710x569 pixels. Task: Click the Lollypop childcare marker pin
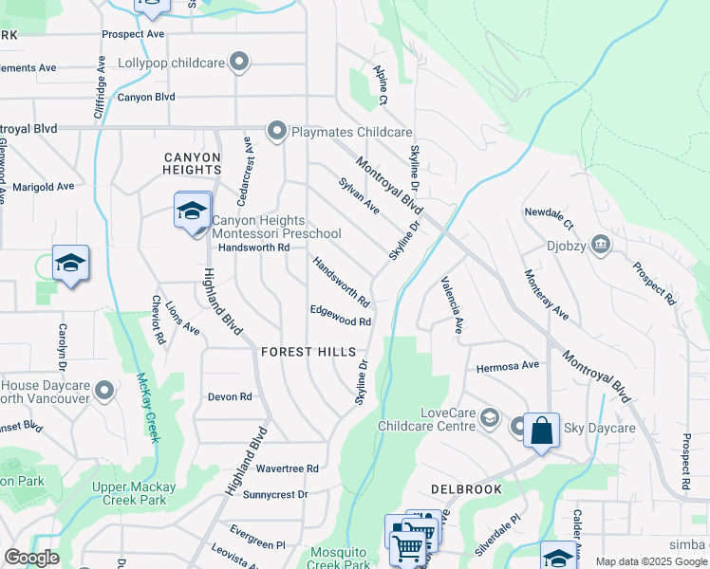coord(239,64)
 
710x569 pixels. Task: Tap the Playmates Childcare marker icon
coord(277,131)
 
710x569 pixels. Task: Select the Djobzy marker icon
coord(600,246)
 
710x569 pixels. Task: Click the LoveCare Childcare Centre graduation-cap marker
coord(489,417)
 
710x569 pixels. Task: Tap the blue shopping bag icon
coord(541,431)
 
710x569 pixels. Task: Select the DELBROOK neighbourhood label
coord(465,489)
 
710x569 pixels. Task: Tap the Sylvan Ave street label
coord(359,194)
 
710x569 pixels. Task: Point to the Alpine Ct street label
coord(381,85)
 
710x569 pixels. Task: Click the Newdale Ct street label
coord(548,219)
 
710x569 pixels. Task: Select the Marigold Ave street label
coord(43,187)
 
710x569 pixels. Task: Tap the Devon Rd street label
coord(230,397)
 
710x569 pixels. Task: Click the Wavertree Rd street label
coord(287,468)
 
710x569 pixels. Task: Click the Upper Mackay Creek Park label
coord(133,493)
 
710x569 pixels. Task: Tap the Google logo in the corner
coord(31,558)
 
